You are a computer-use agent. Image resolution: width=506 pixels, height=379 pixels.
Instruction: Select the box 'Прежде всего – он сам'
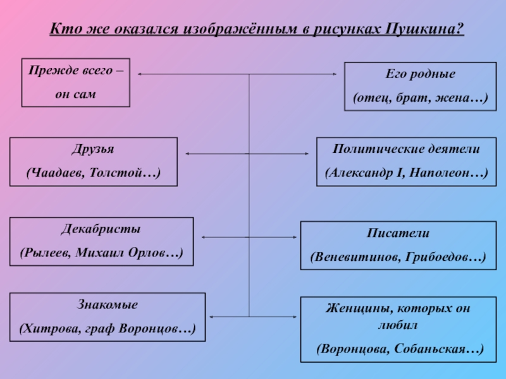(76, 82)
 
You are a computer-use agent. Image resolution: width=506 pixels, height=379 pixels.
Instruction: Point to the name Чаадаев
(61, 172)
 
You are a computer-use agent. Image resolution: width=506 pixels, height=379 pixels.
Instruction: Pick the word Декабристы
(101, 229)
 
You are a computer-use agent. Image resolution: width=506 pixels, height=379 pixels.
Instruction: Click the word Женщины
(352, 310)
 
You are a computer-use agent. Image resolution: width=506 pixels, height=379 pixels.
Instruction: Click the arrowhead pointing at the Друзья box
(187, 153)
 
